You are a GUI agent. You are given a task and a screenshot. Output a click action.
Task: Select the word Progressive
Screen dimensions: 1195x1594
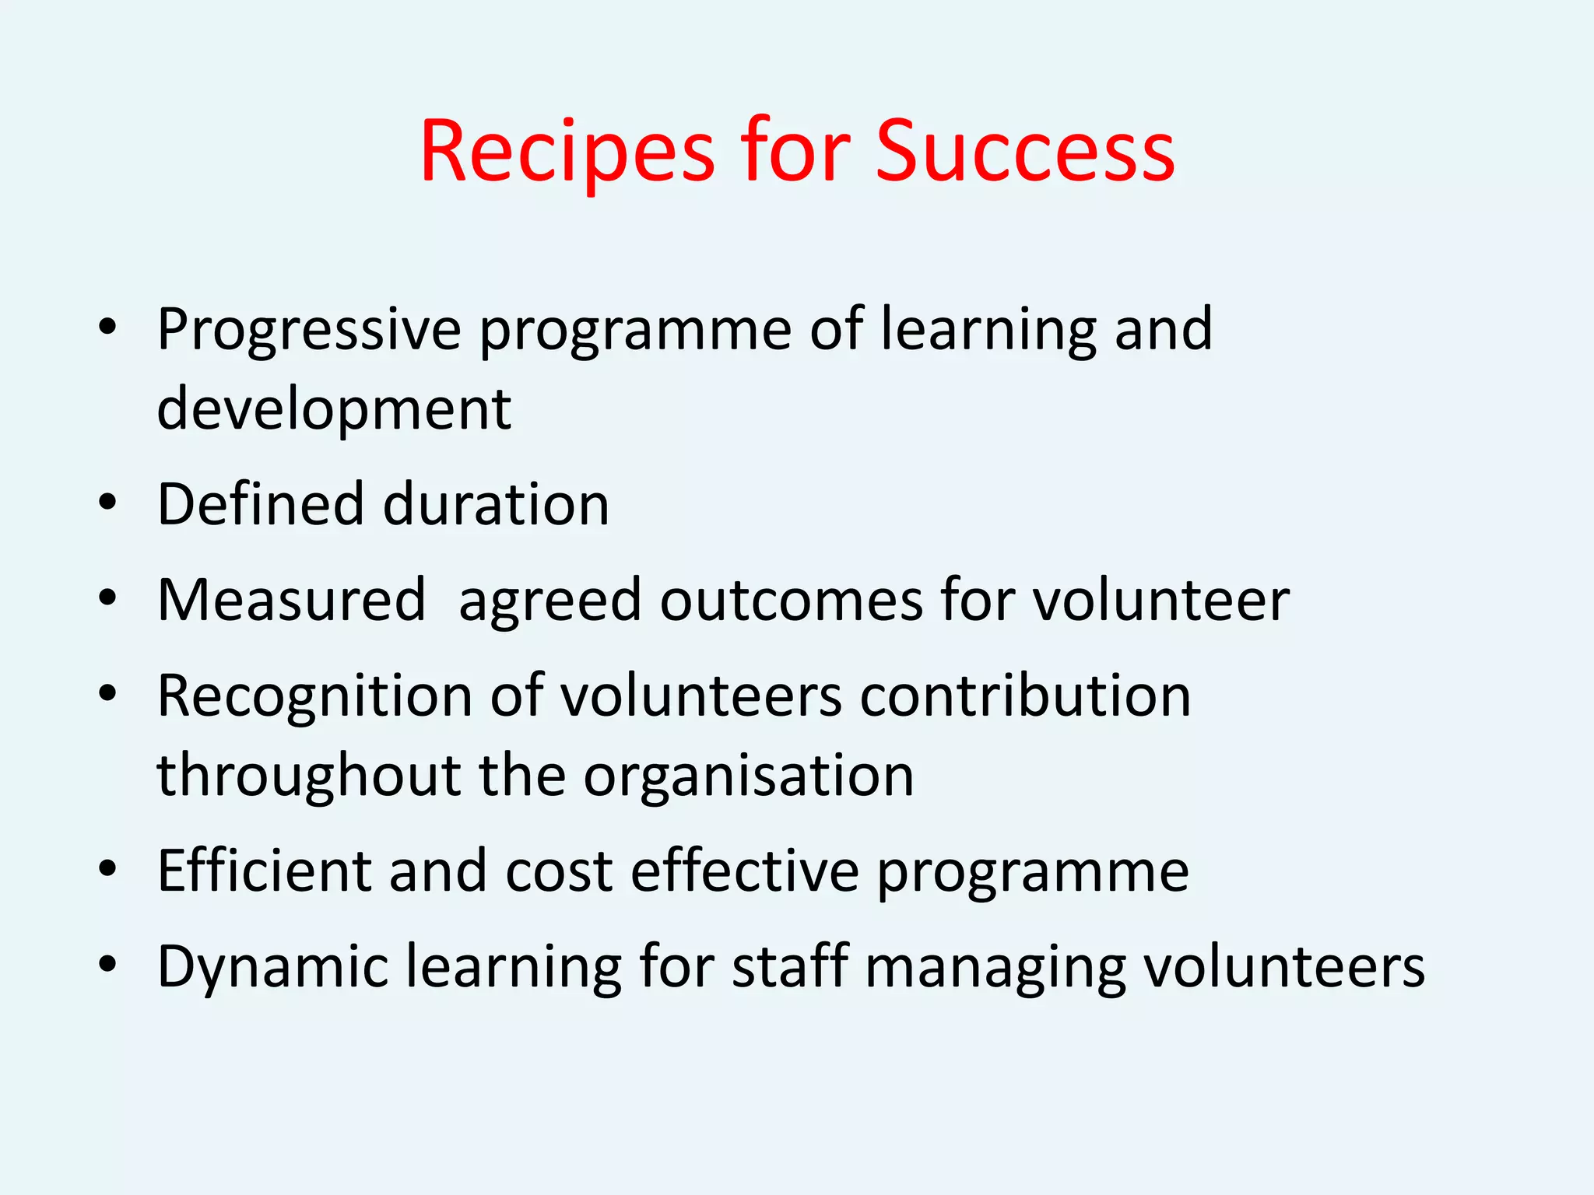tap(309, 331)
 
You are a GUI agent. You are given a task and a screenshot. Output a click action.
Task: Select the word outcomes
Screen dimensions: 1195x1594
tap(791, 600)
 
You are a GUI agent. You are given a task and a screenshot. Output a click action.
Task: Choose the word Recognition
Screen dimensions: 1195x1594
tap(314, 696)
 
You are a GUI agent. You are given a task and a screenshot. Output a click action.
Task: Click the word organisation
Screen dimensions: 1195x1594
tap(749, 776)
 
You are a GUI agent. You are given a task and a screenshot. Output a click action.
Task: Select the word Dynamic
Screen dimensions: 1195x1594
tap(272, 967)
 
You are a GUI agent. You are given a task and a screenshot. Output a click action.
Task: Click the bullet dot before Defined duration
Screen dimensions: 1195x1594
tap(107, 503)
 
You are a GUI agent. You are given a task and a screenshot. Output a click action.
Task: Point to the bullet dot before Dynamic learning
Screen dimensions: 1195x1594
tap(107, 965)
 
